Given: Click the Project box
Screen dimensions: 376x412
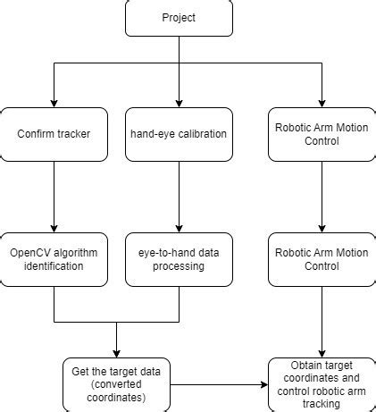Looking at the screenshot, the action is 179,18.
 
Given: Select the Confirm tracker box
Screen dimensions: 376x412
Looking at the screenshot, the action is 54,134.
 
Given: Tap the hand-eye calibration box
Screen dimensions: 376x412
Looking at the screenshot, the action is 179,134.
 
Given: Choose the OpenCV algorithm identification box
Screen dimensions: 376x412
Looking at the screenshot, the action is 54,259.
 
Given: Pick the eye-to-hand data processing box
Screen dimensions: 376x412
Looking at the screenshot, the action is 179,259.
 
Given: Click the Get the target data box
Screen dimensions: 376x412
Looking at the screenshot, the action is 116,384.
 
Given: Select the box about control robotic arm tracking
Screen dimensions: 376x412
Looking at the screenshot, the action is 322,384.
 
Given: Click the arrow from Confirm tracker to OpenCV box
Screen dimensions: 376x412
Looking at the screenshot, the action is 54,197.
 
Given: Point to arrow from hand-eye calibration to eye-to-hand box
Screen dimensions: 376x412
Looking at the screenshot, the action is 179,197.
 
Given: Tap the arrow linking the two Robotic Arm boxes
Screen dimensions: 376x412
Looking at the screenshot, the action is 322,197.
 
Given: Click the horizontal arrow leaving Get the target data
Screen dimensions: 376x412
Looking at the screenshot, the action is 219,384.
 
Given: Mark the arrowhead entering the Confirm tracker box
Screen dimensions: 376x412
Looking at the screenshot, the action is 54,104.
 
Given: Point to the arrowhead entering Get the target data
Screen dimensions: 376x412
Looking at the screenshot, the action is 116,354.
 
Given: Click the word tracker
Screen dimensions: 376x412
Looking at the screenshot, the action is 74,134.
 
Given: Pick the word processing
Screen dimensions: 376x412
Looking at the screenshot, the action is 179,266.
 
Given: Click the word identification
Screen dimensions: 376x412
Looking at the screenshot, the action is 54,266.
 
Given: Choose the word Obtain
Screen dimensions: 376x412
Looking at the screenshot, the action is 304,366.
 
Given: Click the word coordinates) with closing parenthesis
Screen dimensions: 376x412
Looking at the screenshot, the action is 116,398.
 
